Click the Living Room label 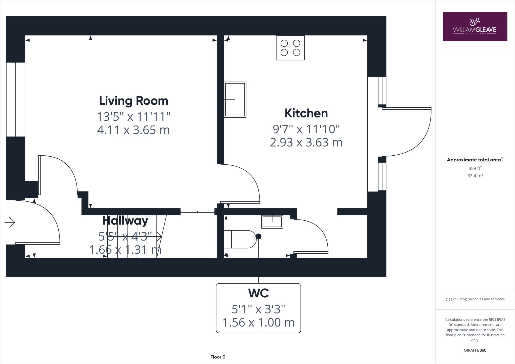coord(134,101)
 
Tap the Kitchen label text coord(306,113)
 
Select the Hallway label coord(125,221)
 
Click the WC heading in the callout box coord(258,293)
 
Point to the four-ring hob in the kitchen coord(290,48)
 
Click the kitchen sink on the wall coord(235,100)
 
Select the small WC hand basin coord(272,222)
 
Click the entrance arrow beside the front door coord(10,222)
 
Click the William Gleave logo coord(475,27)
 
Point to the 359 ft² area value coord(475,168)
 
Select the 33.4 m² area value coord(475,176)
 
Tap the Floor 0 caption coord(218,357)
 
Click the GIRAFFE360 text coord(475,350)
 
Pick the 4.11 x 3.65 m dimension coord(134,130)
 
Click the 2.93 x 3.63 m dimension coord(306,143)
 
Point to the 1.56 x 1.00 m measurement coord(258,323)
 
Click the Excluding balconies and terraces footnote coord(475,299)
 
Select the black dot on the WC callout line coord(258,237)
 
